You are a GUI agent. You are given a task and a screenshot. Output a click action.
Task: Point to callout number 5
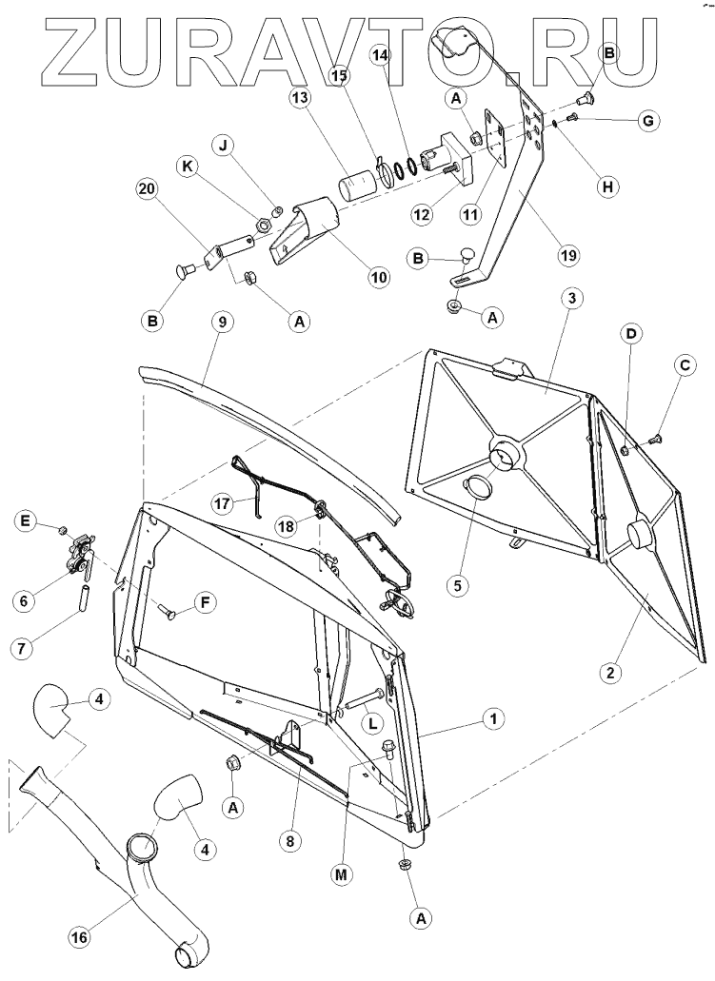coord(458,585)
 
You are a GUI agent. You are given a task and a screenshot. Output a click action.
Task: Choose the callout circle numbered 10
coord(380,277)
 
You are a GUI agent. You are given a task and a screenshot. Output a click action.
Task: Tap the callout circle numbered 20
coord(146,189)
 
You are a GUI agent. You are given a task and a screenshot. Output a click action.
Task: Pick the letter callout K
coord(186,166)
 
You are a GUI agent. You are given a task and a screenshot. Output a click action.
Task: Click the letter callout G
coord(646,121)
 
